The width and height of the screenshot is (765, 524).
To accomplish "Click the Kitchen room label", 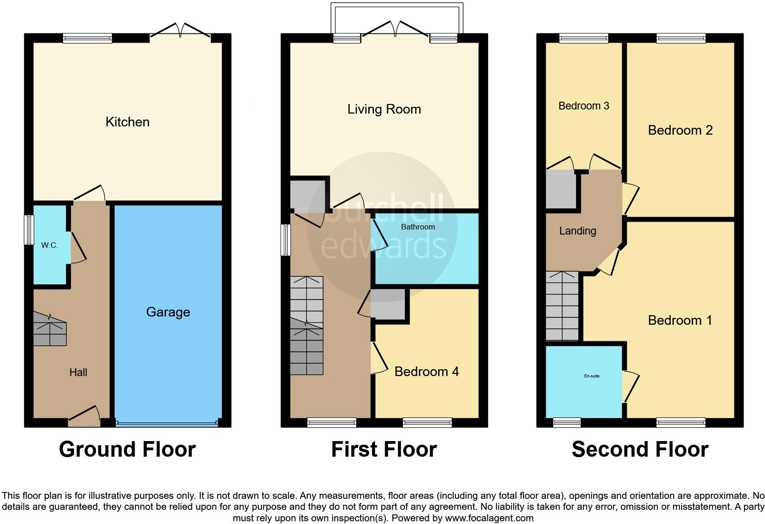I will [x=127, y=122].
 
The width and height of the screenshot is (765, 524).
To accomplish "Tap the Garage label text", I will [x=168, y=312].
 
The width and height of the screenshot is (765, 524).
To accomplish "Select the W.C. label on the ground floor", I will [x=49, y=245].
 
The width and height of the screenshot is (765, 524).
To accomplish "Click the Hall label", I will [x=78, y=372].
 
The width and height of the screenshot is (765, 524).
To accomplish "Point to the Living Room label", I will [x=384, y=109].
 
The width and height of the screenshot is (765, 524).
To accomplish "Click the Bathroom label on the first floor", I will [x=418, y=227].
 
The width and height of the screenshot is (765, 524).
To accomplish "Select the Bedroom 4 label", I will [x=426, y=371].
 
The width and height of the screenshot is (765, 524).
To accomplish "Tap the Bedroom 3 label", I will [x=583, y=106].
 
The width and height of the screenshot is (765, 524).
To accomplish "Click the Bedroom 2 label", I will [x=680, y=130].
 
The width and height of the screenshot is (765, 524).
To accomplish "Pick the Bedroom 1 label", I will [x=680, y=320].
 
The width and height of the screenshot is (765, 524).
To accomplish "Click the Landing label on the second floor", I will [x=577, y=231].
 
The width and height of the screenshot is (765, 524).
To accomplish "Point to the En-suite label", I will [x=592, y=376].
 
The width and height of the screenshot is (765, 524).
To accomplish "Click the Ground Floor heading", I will [x=127, y=449].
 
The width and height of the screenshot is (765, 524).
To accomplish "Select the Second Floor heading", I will [x=640, y=449].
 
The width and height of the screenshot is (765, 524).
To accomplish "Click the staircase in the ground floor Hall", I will [x=50, y=329].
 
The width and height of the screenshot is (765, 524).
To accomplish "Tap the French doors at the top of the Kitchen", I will [x=180, y=31].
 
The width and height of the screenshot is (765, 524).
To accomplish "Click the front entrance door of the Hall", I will [x=84, y=415].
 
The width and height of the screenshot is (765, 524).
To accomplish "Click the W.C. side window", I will [x=29, y=230].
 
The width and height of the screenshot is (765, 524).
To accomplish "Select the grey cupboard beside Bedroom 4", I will [x=388, y=304].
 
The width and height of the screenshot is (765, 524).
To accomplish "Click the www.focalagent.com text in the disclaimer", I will [x=489, y=518].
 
